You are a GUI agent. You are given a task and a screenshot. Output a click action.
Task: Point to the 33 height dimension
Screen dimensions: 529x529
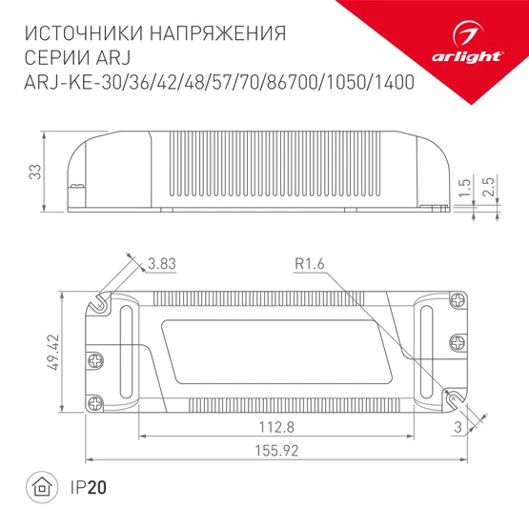34,172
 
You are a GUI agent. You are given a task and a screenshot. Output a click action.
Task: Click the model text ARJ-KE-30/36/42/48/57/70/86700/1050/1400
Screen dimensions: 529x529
216,83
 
